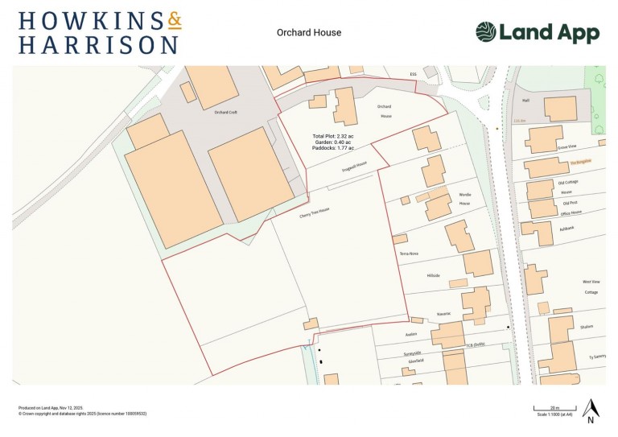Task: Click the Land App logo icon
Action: (485, 32)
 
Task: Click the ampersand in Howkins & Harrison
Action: (173, 21)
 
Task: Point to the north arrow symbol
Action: (590, 410)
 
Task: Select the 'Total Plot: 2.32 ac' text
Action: (333, 136)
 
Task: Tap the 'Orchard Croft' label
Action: (227, 113)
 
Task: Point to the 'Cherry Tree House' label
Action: (292, 210)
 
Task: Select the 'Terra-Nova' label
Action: (410, 254)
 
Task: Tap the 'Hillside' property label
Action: (434, 275)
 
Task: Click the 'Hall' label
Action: (526, 101)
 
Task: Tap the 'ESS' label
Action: (414, 74)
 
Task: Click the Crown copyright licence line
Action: (82, 414)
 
